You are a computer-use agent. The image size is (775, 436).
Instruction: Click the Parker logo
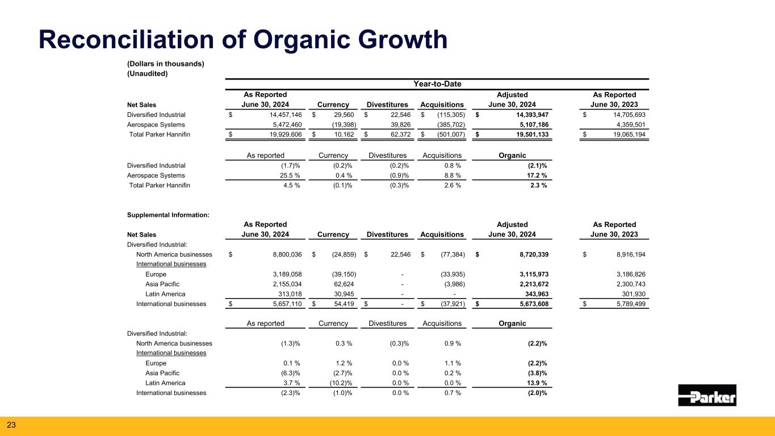tap(707, 395)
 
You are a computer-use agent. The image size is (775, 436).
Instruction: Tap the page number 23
tap(11, 425)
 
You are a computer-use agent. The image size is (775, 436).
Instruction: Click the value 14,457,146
tap(277, 115)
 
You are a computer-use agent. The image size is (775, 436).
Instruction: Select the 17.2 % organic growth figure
tap(537, 175)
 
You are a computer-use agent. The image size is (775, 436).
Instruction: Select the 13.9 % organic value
tap(537, 383)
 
